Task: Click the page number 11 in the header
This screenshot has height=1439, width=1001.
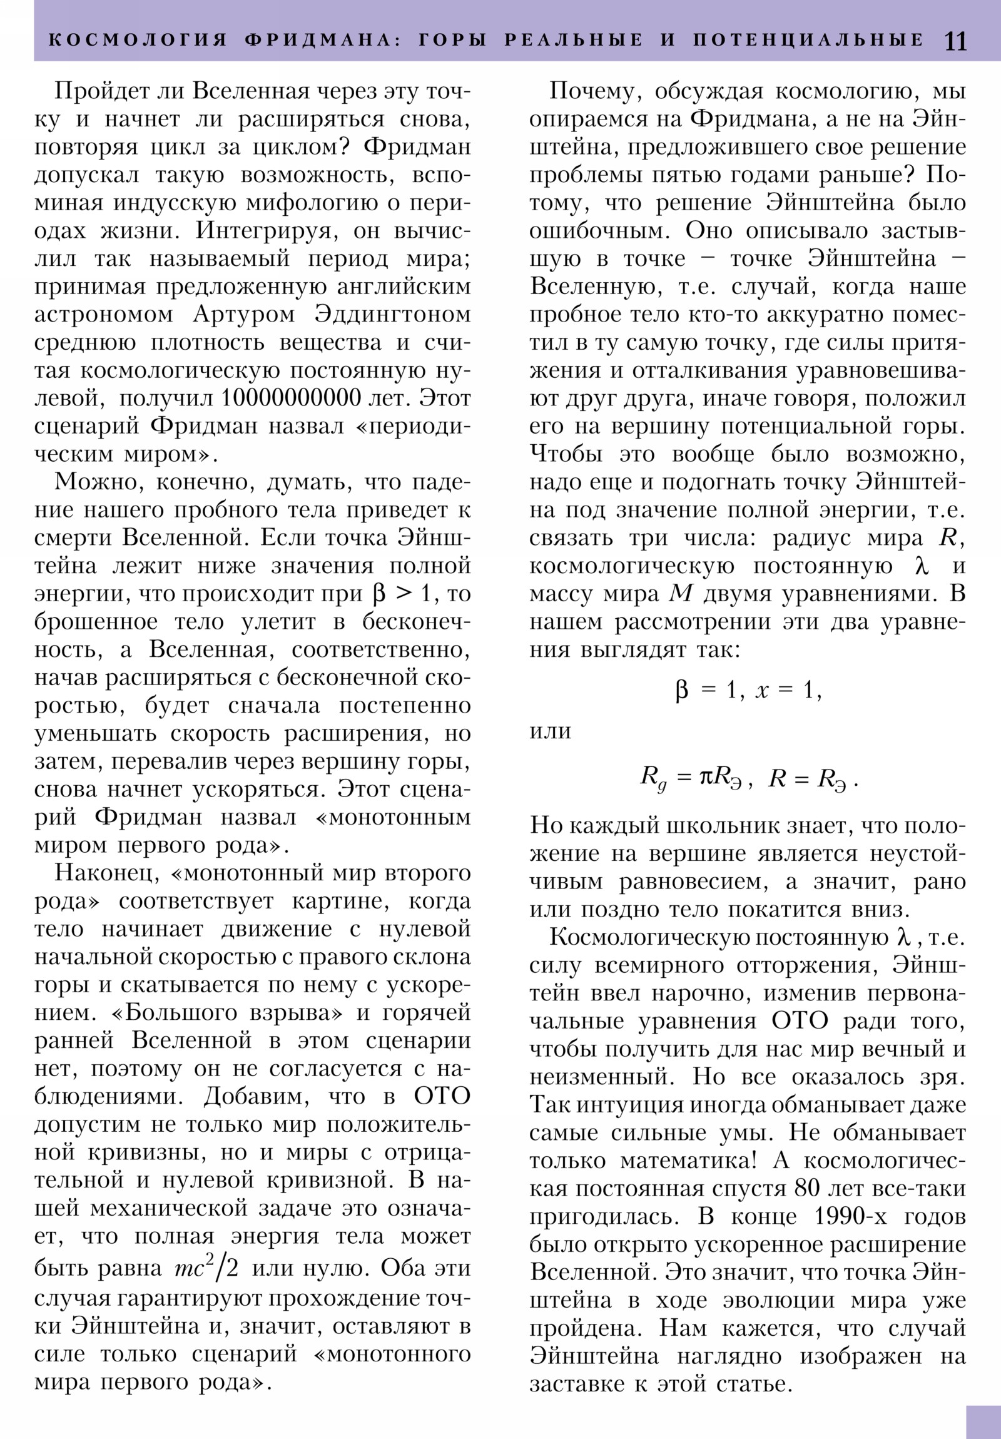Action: [955, 41]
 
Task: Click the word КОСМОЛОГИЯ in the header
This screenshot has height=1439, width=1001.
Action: [138, 40]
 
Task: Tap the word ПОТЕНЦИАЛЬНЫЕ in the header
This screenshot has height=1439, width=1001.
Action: [808, 40]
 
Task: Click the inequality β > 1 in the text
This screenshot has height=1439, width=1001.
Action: [402, 594]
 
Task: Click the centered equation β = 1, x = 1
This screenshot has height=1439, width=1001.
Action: [748, 690]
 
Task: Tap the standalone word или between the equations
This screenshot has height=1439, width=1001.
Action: [551, 731]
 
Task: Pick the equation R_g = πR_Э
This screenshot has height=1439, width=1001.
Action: [695, 778]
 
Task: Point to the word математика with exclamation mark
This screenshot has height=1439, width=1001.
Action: [689, 1161]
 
